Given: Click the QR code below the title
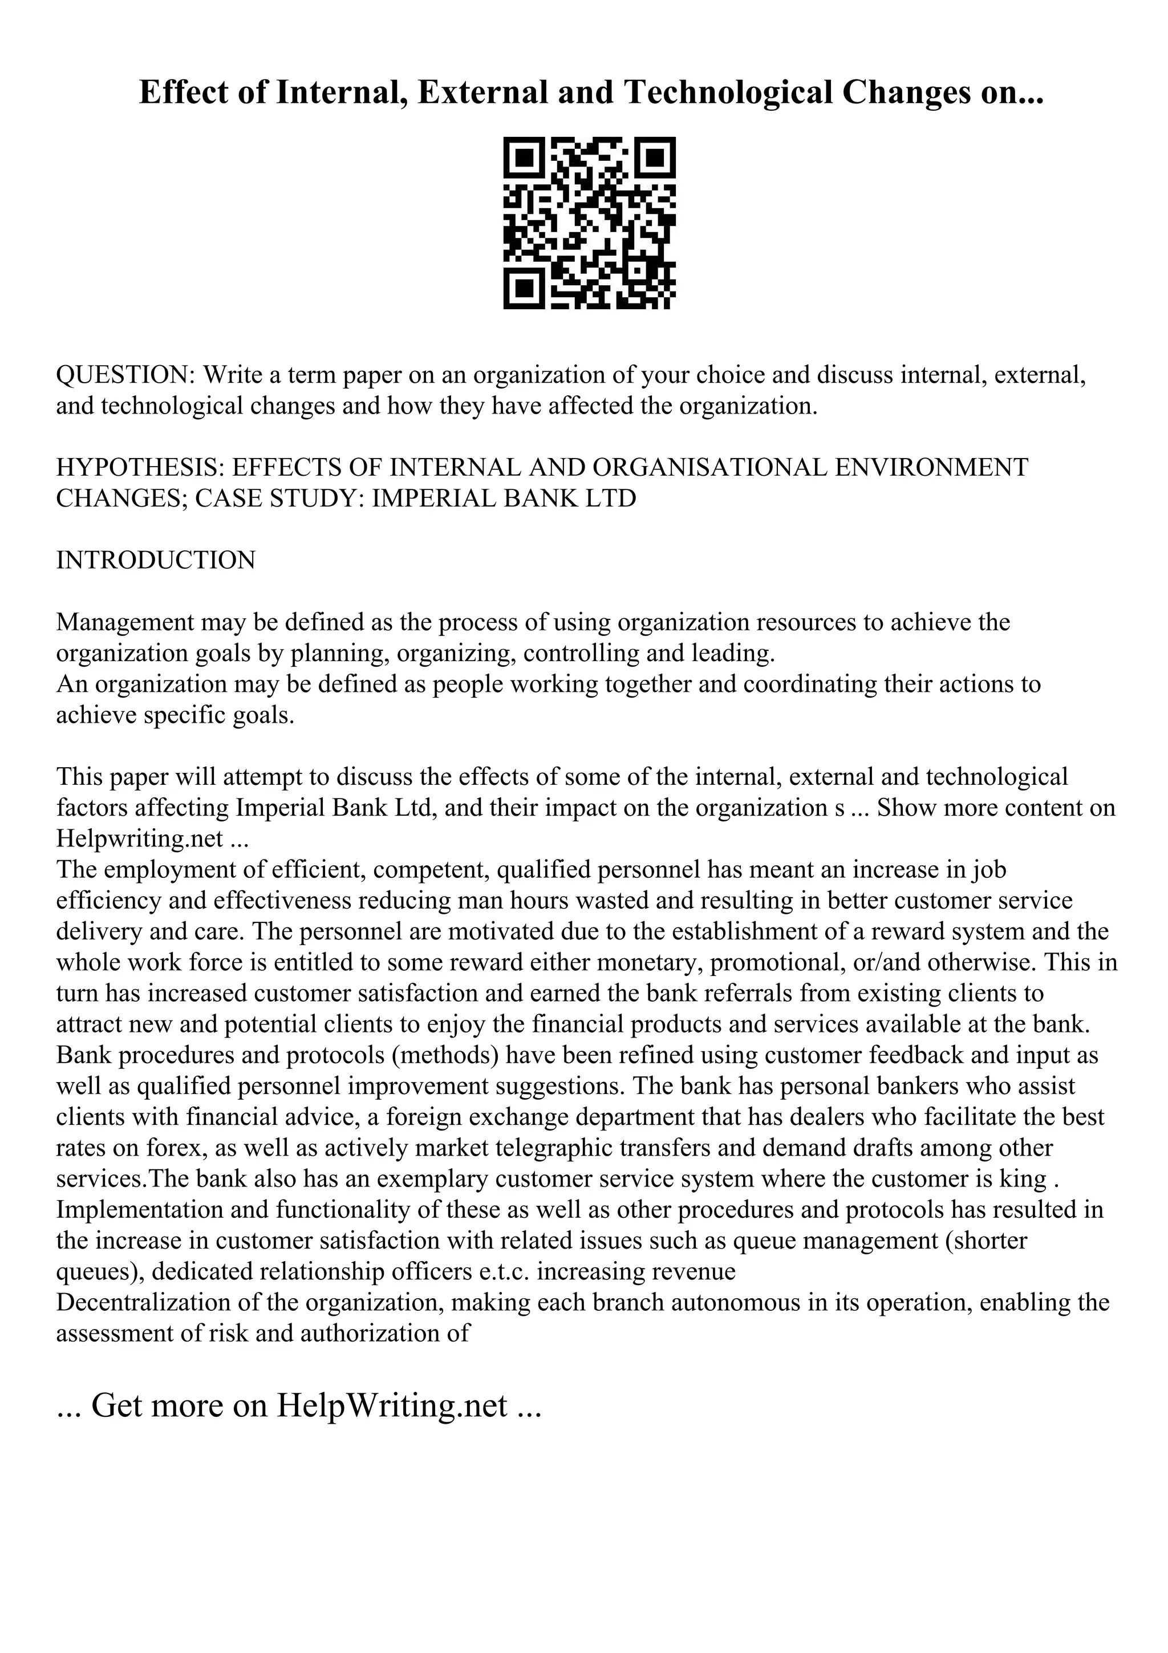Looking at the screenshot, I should [x=589, y=223].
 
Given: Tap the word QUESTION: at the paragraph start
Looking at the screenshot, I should [x=126, y=375].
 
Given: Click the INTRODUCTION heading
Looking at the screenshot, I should [x=156, y=560].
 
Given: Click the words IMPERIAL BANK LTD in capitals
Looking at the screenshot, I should [x=504, y=498].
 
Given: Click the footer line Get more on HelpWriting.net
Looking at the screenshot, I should [x=298, y=1405].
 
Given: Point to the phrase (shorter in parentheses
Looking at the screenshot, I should [x=985, y=1241].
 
